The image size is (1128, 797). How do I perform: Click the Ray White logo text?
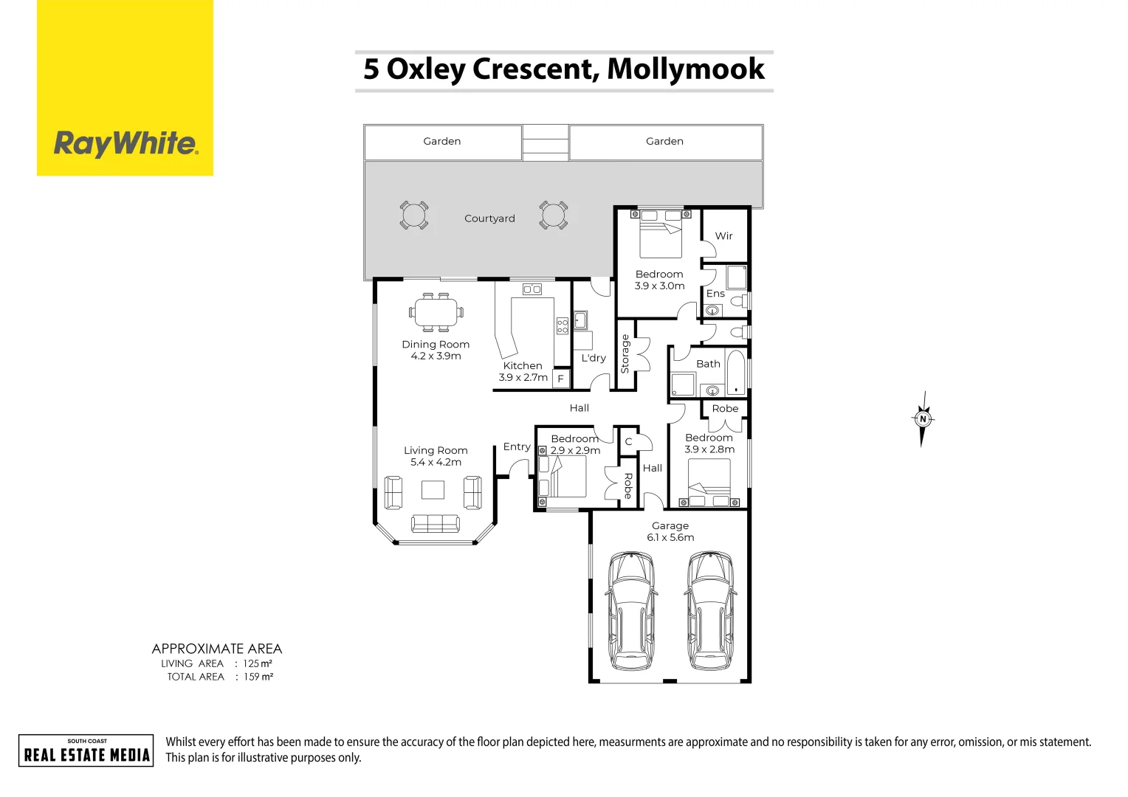(125, 143)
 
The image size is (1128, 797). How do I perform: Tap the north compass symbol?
(922, 419)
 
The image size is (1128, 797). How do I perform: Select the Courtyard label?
(489, 218)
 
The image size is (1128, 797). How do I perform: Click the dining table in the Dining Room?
(436, 311)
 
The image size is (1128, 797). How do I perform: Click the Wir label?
(723, 236)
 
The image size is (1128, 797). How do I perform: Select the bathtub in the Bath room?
(735, 373)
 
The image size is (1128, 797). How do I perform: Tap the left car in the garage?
(630, 610)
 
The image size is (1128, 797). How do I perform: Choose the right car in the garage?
(709, 610)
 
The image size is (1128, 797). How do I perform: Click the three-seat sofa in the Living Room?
(435, 523)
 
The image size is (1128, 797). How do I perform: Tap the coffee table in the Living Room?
(433, 490)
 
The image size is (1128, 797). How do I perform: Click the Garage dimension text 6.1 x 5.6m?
(670, 537)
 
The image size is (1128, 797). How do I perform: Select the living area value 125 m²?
(258, 663)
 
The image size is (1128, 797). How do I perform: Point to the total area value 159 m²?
(258, 677)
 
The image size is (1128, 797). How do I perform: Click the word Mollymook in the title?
(685, 69)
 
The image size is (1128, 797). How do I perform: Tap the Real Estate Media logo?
(86, 751)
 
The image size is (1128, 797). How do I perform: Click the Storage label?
(625, 353)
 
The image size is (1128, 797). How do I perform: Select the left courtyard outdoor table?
(413, 215)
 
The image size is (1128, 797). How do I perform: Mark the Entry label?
(516, 446)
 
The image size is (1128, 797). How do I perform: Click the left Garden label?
(441, 141)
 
